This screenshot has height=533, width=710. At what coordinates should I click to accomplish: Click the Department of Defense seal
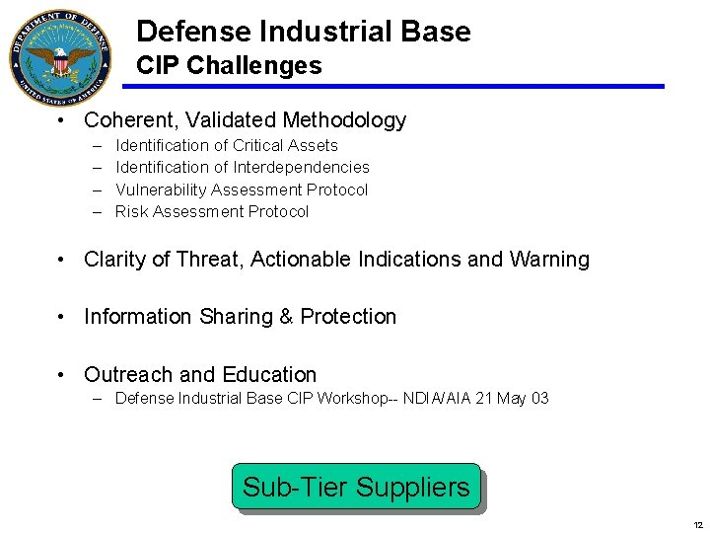tap(62, 58)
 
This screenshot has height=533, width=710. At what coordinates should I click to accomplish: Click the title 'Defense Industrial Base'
tap(303, 32)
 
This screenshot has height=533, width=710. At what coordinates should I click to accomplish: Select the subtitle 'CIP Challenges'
tap(229, 66)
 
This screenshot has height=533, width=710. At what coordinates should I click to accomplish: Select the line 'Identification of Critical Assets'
tap(226, 145)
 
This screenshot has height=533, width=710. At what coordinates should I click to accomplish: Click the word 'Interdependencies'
tap(301, 168)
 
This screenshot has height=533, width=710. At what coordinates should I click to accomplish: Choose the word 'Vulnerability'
tap(162, 190)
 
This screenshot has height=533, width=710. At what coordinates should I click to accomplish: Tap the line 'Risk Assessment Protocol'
tap(211, 211)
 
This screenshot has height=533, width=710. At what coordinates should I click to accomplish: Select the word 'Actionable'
tap(297, 260)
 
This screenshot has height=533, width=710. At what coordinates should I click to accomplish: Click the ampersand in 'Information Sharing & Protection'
tap(287, 317)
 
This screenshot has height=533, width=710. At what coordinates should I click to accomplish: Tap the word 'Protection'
tap(348, 317)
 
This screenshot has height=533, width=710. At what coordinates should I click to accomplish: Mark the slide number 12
tap(697, 524)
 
